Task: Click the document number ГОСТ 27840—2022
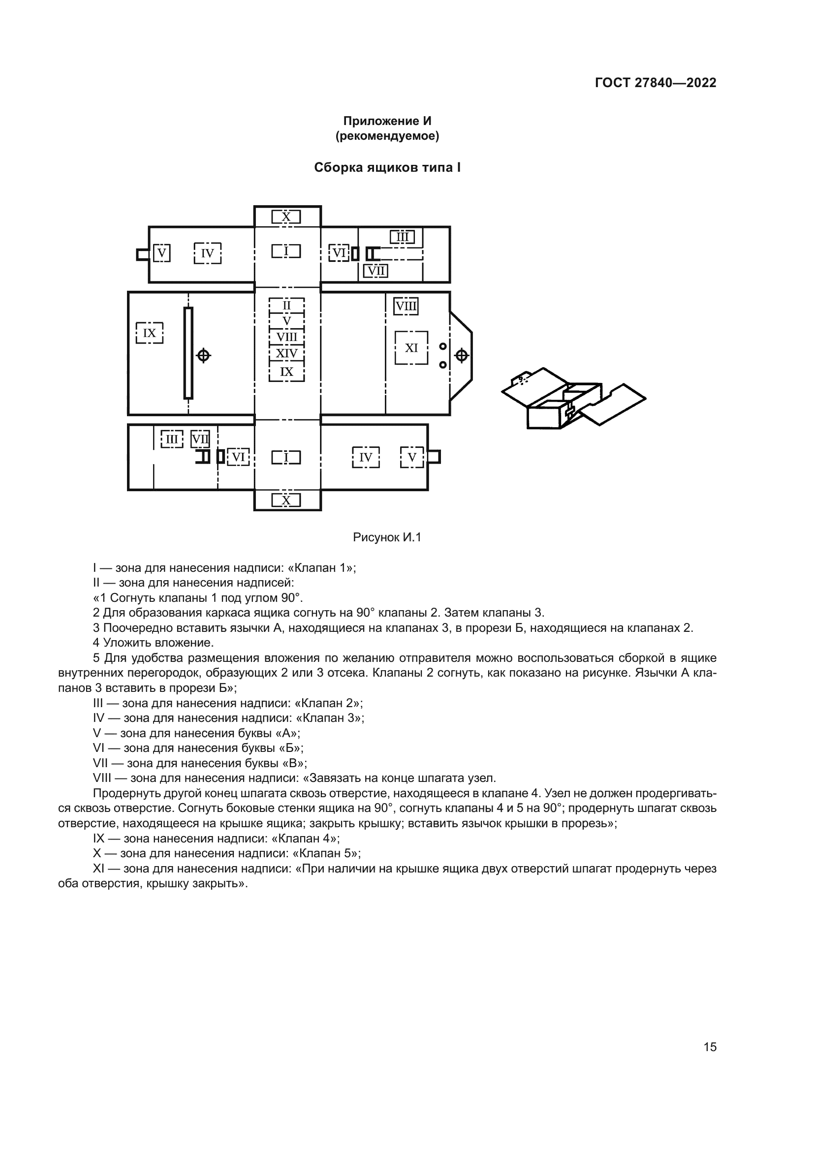[x=655, y=83]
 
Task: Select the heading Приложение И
[x=387, y=121]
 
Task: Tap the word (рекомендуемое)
[x=387, y=136]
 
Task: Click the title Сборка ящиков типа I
[x=387, y=167]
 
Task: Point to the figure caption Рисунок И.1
[x=387, y=537]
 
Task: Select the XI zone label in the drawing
[x=411, y=348]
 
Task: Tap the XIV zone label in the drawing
[x=287, y=354]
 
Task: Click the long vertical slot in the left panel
[x=188, y=353]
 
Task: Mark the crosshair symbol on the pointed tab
[x=461, y=356]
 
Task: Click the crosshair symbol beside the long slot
[x=203, y=355]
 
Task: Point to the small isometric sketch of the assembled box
[x=573, y=398]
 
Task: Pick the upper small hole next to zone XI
[x=442, y=346]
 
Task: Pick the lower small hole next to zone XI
[x=442, y=365]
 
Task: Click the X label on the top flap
[x=286, y=217]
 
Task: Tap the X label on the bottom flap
[x=286, y=500]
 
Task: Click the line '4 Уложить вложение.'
[x=154, y=643]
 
